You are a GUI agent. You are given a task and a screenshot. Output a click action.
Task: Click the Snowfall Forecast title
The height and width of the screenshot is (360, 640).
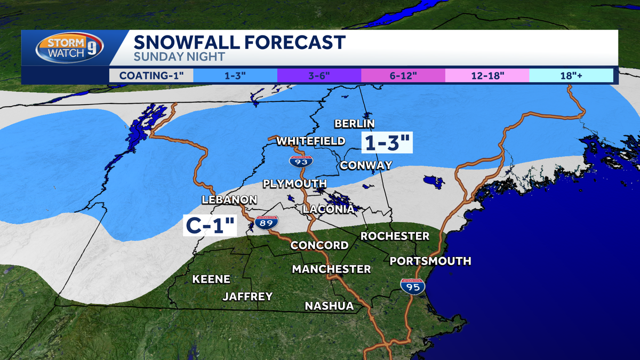[239, 42]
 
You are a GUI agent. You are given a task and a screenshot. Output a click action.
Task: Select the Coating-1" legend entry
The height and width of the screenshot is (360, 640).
[151, 75]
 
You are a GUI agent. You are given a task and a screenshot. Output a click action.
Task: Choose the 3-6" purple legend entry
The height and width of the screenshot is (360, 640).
[319, 75]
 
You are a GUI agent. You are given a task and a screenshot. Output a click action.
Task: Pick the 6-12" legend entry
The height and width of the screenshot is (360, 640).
[403, 75]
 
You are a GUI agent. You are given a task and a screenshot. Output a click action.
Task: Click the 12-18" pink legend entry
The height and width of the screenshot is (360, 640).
[486, 75]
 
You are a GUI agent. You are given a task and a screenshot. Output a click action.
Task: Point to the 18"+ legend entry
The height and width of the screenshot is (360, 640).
[571, 75]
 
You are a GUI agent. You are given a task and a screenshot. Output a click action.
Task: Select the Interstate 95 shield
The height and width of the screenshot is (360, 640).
[413, 286]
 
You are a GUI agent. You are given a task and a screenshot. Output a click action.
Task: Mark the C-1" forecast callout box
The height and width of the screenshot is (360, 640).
[210, 225]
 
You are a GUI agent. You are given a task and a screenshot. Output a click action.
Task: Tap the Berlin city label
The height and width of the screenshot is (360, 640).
[355, 124]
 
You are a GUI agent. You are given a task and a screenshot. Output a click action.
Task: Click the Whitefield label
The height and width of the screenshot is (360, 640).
[310, 141]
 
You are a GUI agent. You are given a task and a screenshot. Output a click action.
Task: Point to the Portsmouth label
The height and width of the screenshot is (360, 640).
[430, 261]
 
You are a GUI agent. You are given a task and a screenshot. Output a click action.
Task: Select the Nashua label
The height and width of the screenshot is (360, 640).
[329, 306]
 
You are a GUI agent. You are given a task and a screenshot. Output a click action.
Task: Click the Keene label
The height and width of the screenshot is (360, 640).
[211, 279]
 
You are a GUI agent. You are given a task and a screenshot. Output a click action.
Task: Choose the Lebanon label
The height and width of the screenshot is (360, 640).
[229, 199]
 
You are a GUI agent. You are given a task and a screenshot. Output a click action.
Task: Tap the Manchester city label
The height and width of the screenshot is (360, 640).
[331, 269]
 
